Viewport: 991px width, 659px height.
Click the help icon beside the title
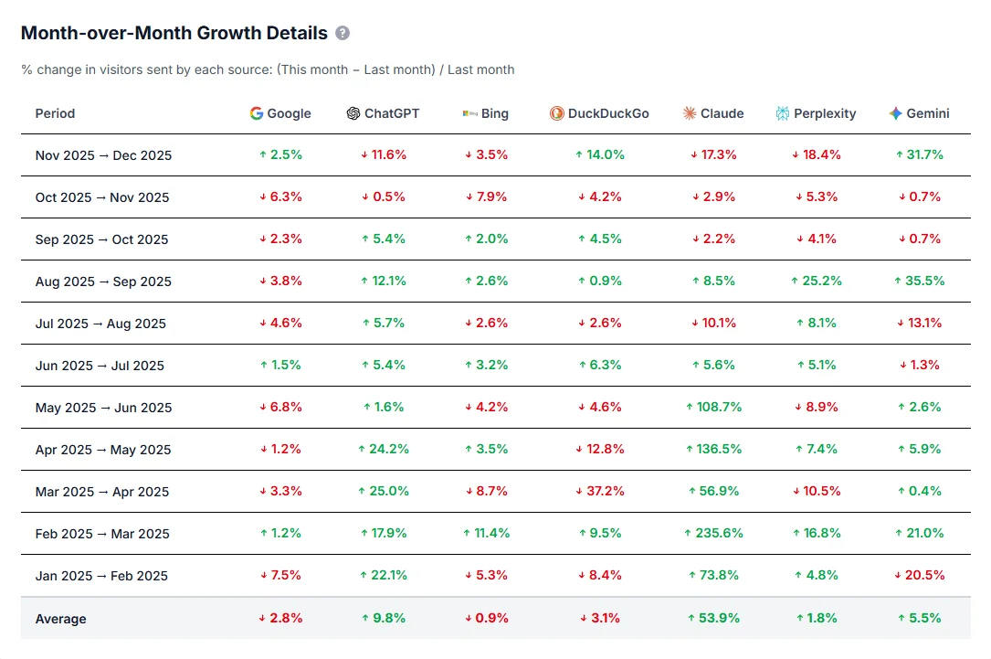[x=343, y=34]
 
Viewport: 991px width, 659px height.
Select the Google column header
[x=280, y=113]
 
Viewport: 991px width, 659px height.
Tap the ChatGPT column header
[x=383, y=113]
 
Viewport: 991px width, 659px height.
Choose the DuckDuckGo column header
[x=599, y=113]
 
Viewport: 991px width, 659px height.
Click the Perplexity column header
[x=816, y=113]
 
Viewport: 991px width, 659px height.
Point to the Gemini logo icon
[x=895, y=113]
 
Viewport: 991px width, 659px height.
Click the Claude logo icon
[x=690, y=113]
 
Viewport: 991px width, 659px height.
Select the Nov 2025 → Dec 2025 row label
[x=103, y=155]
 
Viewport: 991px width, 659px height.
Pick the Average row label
[x=60, y=619]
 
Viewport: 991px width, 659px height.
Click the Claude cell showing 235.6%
[x=714, y=533]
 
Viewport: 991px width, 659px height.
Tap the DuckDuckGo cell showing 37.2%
[x=600, y=491]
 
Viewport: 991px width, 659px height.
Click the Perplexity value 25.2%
[x=817, y=281]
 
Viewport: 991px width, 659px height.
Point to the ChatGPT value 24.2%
[x=384, y=449]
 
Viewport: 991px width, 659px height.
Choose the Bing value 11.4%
[x=487, y=533]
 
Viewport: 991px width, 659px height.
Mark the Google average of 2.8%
[x=280, y=618]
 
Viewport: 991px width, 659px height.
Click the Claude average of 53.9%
[x=714, y=618]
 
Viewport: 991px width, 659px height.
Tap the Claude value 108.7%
[x=714, y=407]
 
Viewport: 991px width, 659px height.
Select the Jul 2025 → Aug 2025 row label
[x=100, y=324]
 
